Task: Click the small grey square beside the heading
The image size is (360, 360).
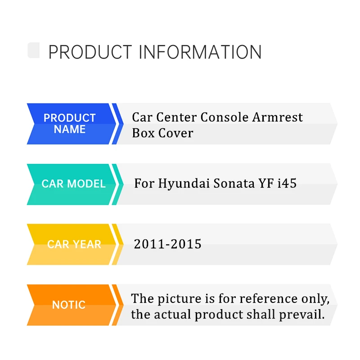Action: point(33,50)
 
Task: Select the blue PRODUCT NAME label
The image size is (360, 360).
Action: point(70,124)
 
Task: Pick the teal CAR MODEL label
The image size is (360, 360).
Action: point(73,184)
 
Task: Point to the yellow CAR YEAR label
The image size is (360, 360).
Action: point(74,244)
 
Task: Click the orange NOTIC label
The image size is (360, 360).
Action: point(69,305)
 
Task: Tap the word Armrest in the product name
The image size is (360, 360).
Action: point(278,117)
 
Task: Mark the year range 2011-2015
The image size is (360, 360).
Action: point(167,244)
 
